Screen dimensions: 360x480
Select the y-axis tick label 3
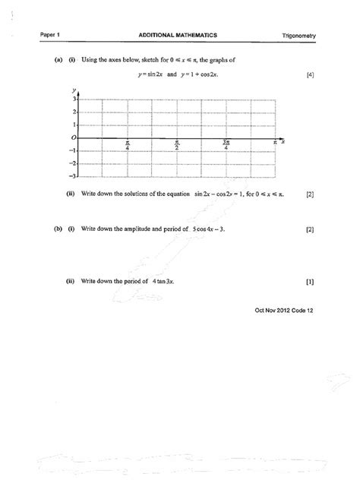click(x=75, y=99)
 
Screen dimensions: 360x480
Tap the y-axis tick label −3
click(x=74, y=175)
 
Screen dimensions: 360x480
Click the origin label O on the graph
click(x=74, y=138)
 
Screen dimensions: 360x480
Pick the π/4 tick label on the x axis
click(x=128, y=144)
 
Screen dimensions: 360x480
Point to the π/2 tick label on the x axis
click(x=178, y=144)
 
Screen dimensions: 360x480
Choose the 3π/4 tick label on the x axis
click(x=226, y=144)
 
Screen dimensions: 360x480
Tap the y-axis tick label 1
click(x=75, y=125)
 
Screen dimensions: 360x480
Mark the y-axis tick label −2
click(x=74, y=163)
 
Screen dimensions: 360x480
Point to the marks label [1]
click(x=310, y=281)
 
